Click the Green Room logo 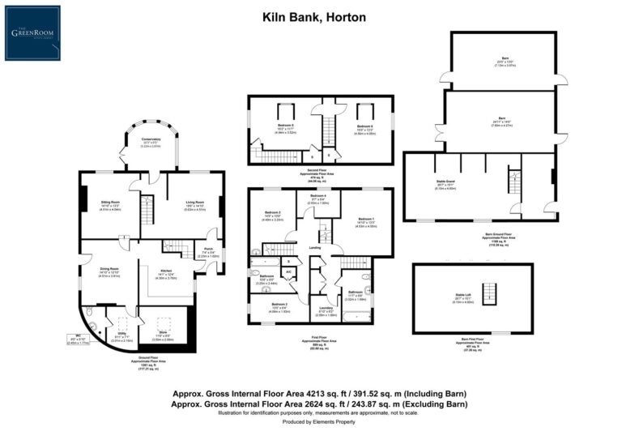pos(32,33)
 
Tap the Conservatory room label pos(151,139)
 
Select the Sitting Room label pos(110,204)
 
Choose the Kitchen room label pos(166,273)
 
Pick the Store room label pos(164,333)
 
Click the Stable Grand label pos(446,184)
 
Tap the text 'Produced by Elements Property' pos(311,422)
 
